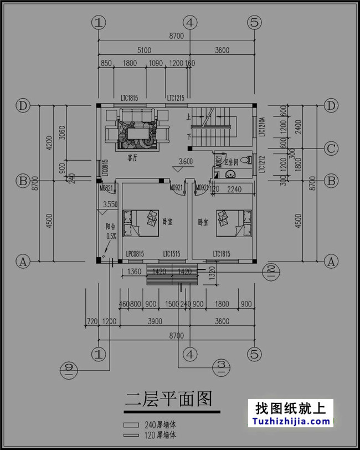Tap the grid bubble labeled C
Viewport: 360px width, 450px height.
331,149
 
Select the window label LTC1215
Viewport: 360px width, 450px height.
176,98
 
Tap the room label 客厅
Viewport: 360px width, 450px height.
132,158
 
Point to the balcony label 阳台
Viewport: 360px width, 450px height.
111,226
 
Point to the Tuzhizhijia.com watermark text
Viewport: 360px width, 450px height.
293,421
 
